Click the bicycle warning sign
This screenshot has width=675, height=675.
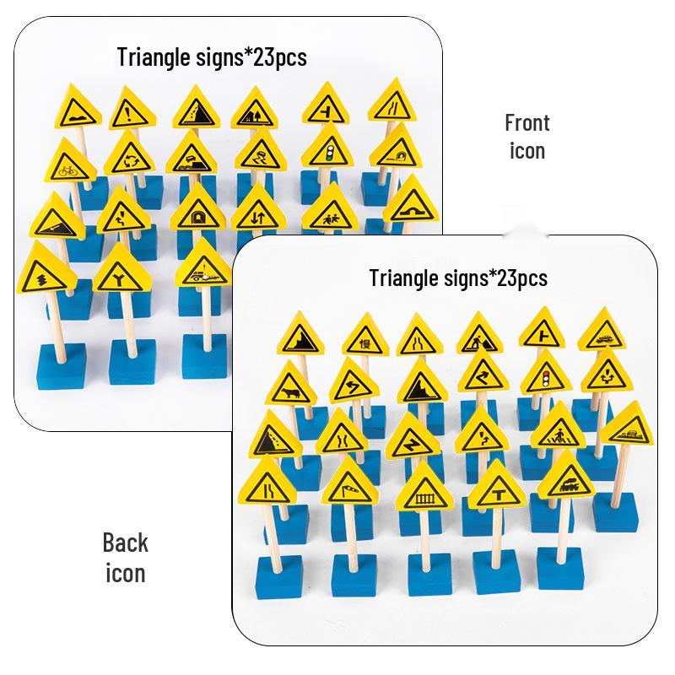(x=68, y=161)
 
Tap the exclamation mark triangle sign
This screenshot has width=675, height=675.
(x=131, y=110)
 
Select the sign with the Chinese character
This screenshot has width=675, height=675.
(x=365, y=335)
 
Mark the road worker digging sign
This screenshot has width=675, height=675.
(x=479, y=332)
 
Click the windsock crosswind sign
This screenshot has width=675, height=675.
(x=349, y=481)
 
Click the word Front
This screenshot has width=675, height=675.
(x=526, y=123)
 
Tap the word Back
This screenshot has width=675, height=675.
(x=125, y=543)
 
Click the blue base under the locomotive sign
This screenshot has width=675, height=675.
(x=561, y=568)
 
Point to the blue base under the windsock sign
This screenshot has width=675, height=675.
(x=354, y=575)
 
